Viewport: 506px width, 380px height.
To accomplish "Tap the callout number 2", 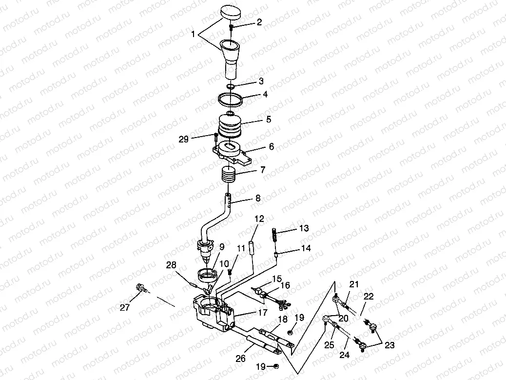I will [x=259, y=22].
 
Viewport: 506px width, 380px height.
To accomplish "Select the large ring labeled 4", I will [x=231, y=98].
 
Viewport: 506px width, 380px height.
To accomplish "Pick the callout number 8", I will [x=258, y=199].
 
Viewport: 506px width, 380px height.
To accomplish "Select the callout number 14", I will [x=305, y=248].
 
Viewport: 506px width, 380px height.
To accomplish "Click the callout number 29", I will [x=183, y=139].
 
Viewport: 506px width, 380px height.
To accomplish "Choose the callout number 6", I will [x=271, y=146].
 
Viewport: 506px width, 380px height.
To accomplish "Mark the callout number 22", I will [x=368, y=297].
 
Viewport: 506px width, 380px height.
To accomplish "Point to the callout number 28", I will [x=171, y=265].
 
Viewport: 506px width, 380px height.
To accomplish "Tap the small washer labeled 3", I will [x=232, y=86].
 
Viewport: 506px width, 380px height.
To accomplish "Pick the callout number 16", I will [x=285, y=285].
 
